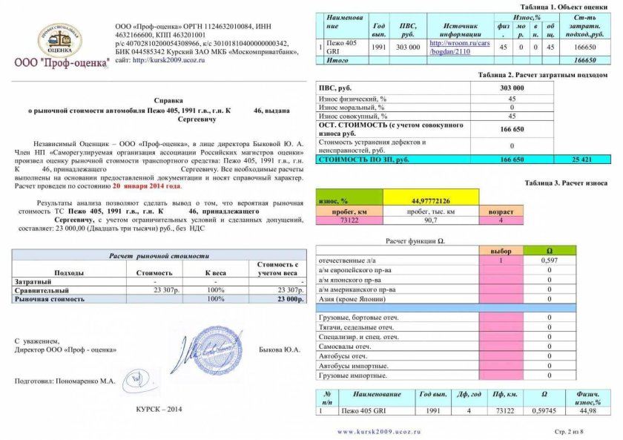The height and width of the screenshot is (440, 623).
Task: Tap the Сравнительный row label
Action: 42,291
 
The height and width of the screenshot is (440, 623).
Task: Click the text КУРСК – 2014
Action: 158,409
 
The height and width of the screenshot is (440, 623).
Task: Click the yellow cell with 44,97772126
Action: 430,200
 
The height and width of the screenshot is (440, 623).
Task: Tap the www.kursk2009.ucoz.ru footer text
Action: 379,430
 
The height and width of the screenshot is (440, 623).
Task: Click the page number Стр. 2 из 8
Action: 570,430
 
